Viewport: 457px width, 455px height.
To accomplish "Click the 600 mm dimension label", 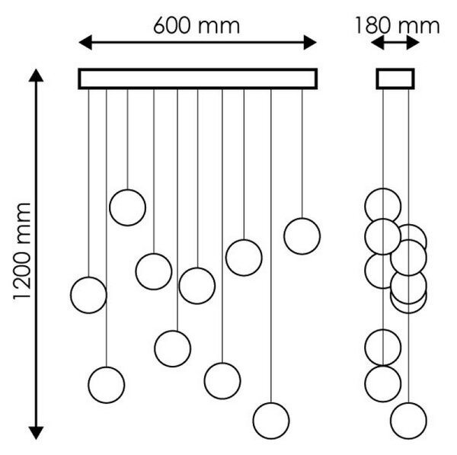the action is (197, 25).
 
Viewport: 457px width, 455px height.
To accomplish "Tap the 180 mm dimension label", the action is (398, 26).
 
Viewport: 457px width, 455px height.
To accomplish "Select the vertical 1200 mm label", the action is (22, 251).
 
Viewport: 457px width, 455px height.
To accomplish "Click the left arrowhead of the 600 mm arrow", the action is (85, 43).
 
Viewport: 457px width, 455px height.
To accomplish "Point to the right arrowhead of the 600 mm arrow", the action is (310, 43).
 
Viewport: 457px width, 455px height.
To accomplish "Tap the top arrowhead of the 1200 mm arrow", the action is (36, 75).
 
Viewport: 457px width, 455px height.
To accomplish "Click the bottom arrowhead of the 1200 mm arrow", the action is (36, 433).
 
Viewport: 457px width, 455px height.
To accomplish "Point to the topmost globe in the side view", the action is (382, 189).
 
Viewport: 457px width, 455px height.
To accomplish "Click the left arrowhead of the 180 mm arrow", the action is (378, 43).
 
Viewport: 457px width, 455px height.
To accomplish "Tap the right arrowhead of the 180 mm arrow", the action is (413, 43).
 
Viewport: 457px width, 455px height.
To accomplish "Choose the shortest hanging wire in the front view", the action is (127, 139).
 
